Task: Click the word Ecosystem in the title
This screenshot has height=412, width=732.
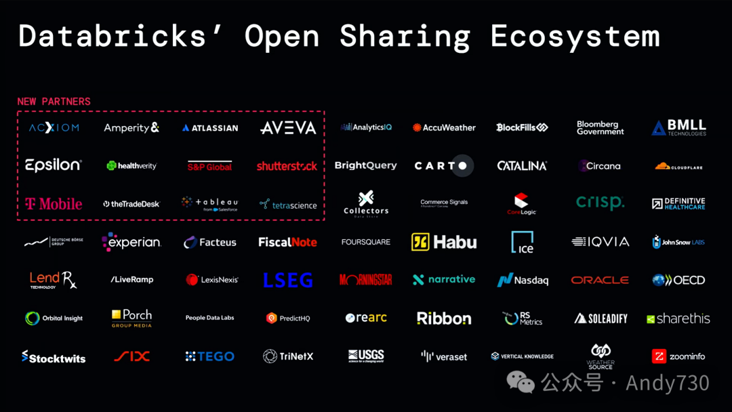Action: [x=575, y=36]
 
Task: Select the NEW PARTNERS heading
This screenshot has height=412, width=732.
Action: [x=54, y=102]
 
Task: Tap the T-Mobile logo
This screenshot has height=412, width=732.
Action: [x=54, y=203]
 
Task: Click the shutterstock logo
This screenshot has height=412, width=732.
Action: [x=287, y=166]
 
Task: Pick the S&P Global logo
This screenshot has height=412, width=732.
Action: [x=209, y=166]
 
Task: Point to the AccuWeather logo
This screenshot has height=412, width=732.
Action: [x=444, y=127]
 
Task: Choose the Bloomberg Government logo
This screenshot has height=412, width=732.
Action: [x=600, y=128]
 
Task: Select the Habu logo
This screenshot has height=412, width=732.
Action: [x=444, y=242]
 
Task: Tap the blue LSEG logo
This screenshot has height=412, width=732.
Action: [x=287, y=280]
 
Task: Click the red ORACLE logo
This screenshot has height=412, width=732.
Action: [x=600, y=280]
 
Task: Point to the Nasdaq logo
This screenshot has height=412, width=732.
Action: [x=523, y=280]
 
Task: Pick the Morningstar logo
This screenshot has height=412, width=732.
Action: [x=365, y=280]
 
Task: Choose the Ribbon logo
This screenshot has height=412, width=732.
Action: [x=444, y=318]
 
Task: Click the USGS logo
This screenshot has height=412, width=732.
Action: [x=366, y=356]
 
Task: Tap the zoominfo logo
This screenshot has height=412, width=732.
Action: [x=678, y=356]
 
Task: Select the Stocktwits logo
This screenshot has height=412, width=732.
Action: [x=54, y=357]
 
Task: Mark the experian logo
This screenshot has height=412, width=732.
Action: [x=131, y=242]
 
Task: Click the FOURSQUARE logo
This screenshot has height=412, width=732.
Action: [x=365, y=242]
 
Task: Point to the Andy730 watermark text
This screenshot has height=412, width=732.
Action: [x=667, y=384]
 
